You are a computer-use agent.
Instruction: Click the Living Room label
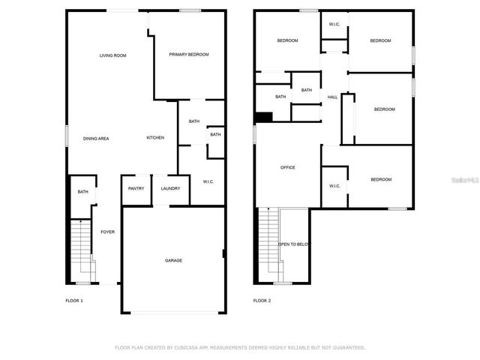point(113,55)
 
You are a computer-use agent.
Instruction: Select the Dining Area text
point(96,138)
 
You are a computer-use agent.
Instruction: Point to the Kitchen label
point(155,137)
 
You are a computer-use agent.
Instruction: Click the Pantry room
point(136,188)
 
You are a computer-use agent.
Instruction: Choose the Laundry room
point(170,188)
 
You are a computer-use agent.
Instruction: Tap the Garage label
point(173,260)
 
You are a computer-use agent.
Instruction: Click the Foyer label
point(108,232)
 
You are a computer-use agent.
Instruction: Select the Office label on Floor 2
point(288,167)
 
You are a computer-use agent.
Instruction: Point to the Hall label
point(332,97)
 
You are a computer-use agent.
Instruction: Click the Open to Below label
point(294,244)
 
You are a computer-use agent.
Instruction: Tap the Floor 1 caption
point(74,300)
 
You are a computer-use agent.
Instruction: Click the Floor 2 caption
point(262,300)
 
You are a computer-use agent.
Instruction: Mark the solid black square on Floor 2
point(263,116)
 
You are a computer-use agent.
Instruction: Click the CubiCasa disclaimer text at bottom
point(239,348)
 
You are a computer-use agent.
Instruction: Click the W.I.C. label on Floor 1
point(208,181)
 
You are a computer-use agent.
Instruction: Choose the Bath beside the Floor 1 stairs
point(82,192)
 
